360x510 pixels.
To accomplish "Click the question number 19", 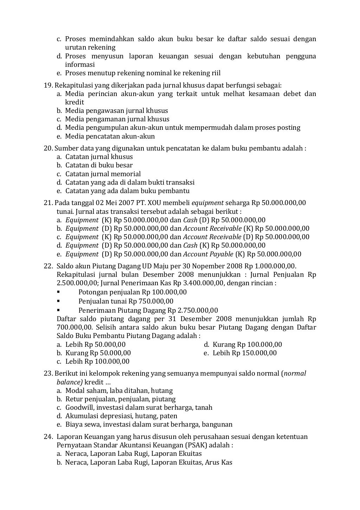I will coord(48,85).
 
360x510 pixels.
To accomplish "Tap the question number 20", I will coord(48,148).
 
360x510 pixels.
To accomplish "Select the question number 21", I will coord(48,203).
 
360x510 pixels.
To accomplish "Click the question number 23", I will coord(48,374).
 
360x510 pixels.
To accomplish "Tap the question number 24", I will coord(48,436).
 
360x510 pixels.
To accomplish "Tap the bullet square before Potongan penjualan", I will coord(58,292).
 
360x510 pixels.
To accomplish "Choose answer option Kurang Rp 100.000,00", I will coord(247,344).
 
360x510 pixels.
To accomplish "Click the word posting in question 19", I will coord(290,127).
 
